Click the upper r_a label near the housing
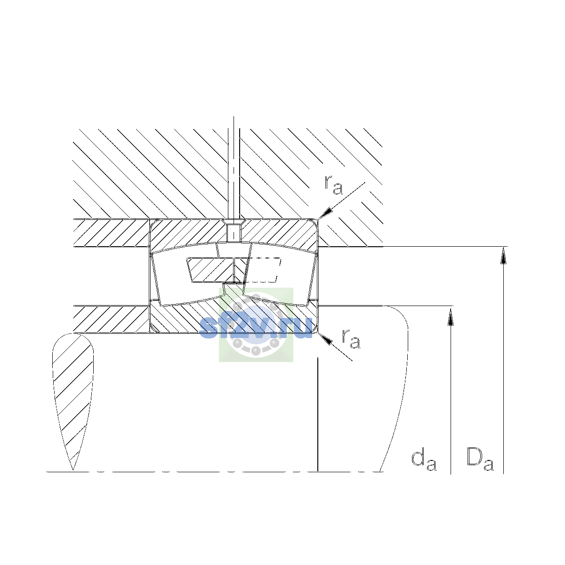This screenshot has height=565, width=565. click(333, 185)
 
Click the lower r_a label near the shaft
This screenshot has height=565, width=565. click(351, 339)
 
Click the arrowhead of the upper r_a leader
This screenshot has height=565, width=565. click(326, 213)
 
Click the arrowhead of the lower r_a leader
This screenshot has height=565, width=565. click(325, 339)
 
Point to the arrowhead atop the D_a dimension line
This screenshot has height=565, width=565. click(503, 255)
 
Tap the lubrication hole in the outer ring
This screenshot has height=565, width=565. click(234, 233)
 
